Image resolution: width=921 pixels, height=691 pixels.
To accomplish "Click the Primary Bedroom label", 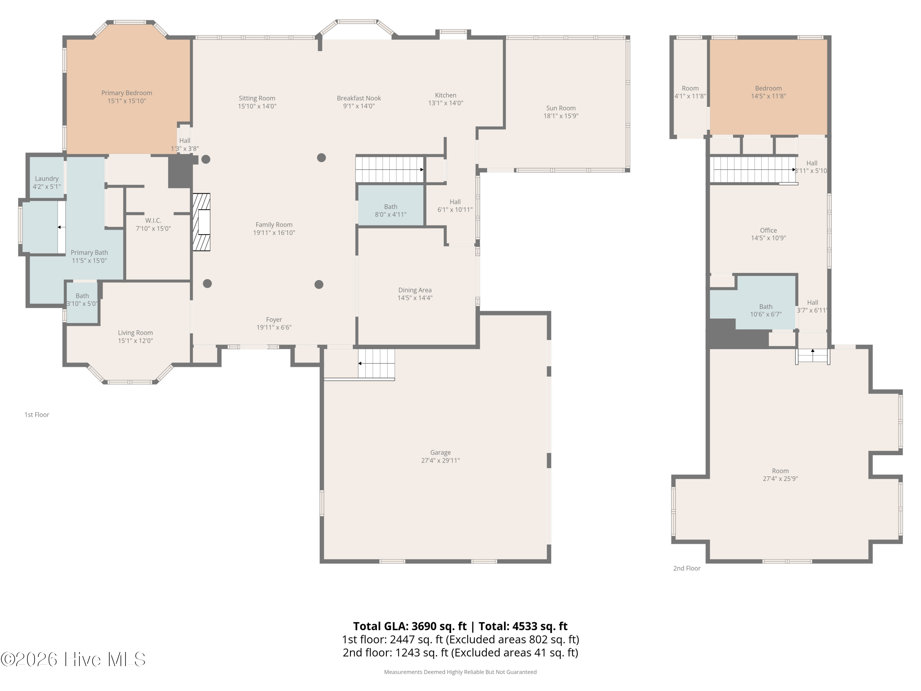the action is click(126, 93).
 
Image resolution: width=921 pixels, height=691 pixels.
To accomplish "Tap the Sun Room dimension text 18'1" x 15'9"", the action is click(561, 116).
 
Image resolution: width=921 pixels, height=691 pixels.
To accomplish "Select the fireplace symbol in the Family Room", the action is click(201, 222).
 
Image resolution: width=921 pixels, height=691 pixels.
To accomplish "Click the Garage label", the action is click(441, 452).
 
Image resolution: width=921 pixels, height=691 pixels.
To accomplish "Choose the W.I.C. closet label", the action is click(153, 220).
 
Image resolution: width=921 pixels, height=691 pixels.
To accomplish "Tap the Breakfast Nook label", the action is click(359, 98).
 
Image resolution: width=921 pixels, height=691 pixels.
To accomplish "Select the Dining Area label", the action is click(415, 290).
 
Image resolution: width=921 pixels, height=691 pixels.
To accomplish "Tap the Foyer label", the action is click(274, 319).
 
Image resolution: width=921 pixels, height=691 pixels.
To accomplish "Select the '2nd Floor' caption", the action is click(687, 568).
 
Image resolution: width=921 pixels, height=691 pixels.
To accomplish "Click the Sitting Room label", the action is click(257, 98).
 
